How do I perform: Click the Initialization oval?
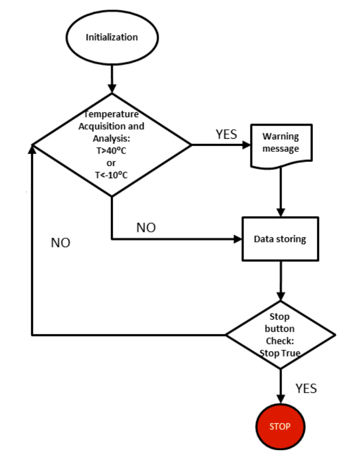(x=112, y=37)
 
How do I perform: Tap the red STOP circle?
(x=280, y=426)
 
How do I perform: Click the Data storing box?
(x=280, y=239)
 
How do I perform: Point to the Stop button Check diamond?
(x=280, y=335)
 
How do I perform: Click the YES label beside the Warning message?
(x=226, y=135)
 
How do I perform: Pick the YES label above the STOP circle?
(x=306, y=388)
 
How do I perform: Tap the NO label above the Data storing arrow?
(x=146, y=228)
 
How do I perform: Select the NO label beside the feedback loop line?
(x=61, y=243)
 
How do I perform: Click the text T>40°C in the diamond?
(x=112, y=151)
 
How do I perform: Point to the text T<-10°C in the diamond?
(x=112, y=175)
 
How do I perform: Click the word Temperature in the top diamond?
(x=112, y=115)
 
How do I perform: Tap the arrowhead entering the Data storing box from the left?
(x=238, y=239)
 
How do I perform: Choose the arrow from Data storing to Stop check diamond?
(x=280, y=281)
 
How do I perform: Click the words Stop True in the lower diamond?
(x=280, y=353)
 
